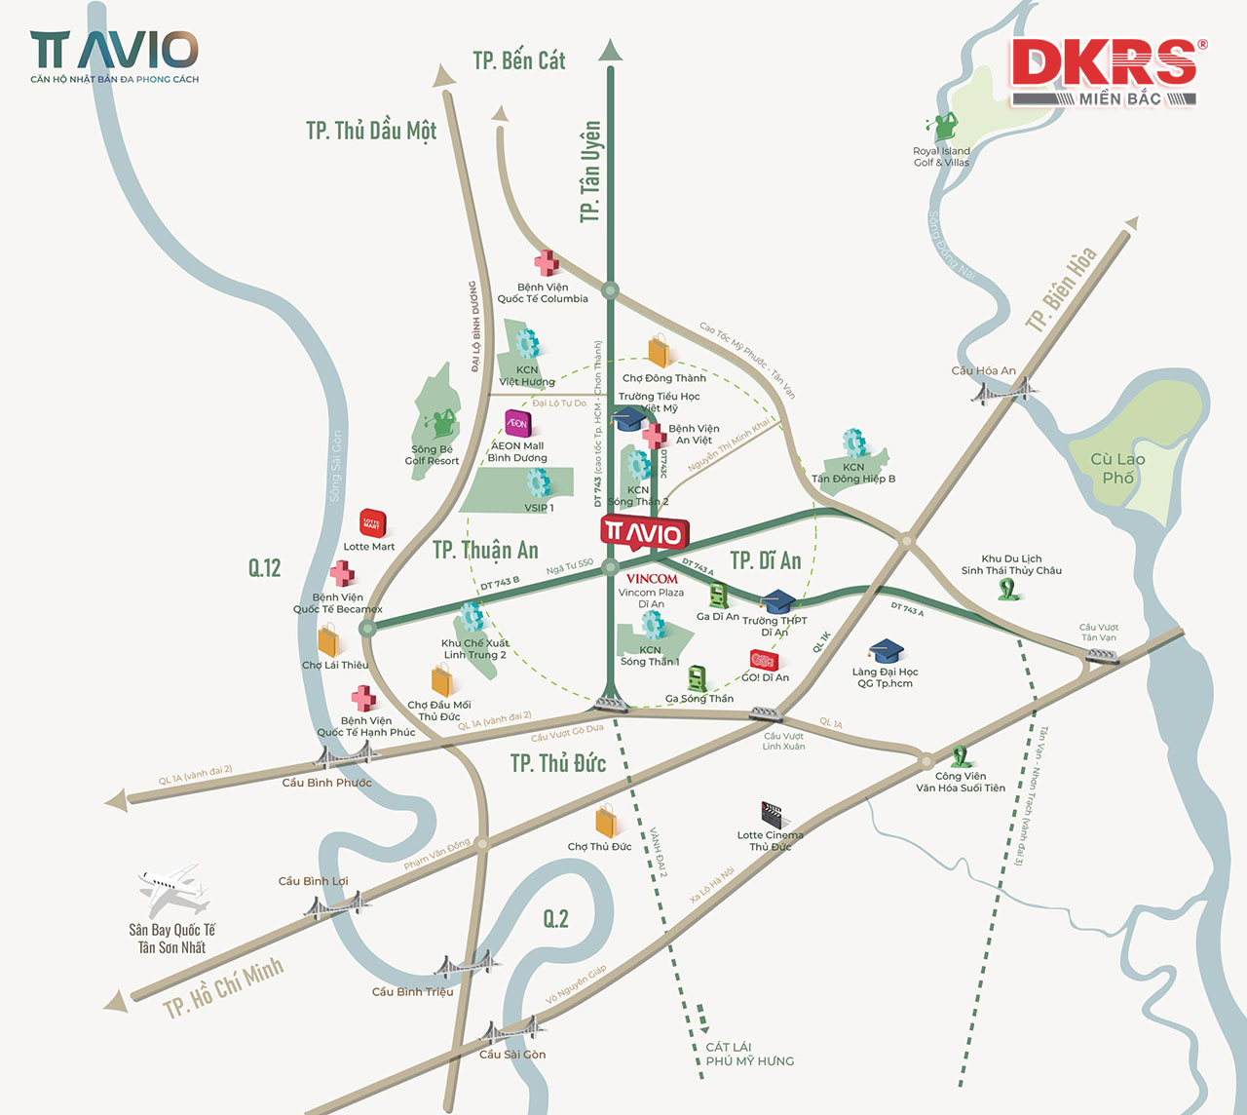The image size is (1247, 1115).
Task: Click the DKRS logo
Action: click(1107, 64)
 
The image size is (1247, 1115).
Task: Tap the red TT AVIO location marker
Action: click(644, 532)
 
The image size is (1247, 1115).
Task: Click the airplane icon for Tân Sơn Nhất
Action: click(172, 889)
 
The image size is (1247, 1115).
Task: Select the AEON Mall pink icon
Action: click(517, 423)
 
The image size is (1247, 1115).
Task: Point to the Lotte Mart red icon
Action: click(372, 523)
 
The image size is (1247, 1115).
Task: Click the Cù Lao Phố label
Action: click(1117, 468)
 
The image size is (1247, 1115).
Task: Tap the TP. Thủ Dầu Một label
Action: click(371, 131)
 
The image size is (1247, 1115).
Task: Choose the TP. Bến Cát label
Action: click(519, 60)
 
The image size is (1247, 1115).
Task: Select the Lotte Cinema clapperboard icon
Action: click(773, 814)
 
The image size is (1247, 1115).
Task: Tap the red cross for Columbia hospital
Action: click(547, 263)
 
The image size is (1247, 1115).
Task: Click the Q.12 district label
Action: click(264, 567)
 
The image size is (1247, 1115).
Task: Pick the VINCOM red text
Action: click(652, 578)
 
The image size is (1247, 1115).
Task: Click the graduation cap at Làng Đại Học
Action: click(887, 651)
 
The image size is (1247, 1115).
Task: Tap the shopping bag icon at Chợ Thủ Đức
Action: click(607, 822)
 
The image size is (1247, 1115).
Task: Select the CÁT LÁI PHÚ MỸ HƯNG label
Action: click(749, 1054)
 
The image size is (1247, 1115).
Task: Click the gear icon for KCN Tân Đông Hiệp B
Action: click(854, 442)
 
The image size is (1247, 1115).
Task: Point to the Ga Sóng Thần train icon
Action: click(697, 678)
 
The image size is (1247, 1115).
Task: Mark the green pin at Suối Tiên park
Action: click(961, 756)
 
